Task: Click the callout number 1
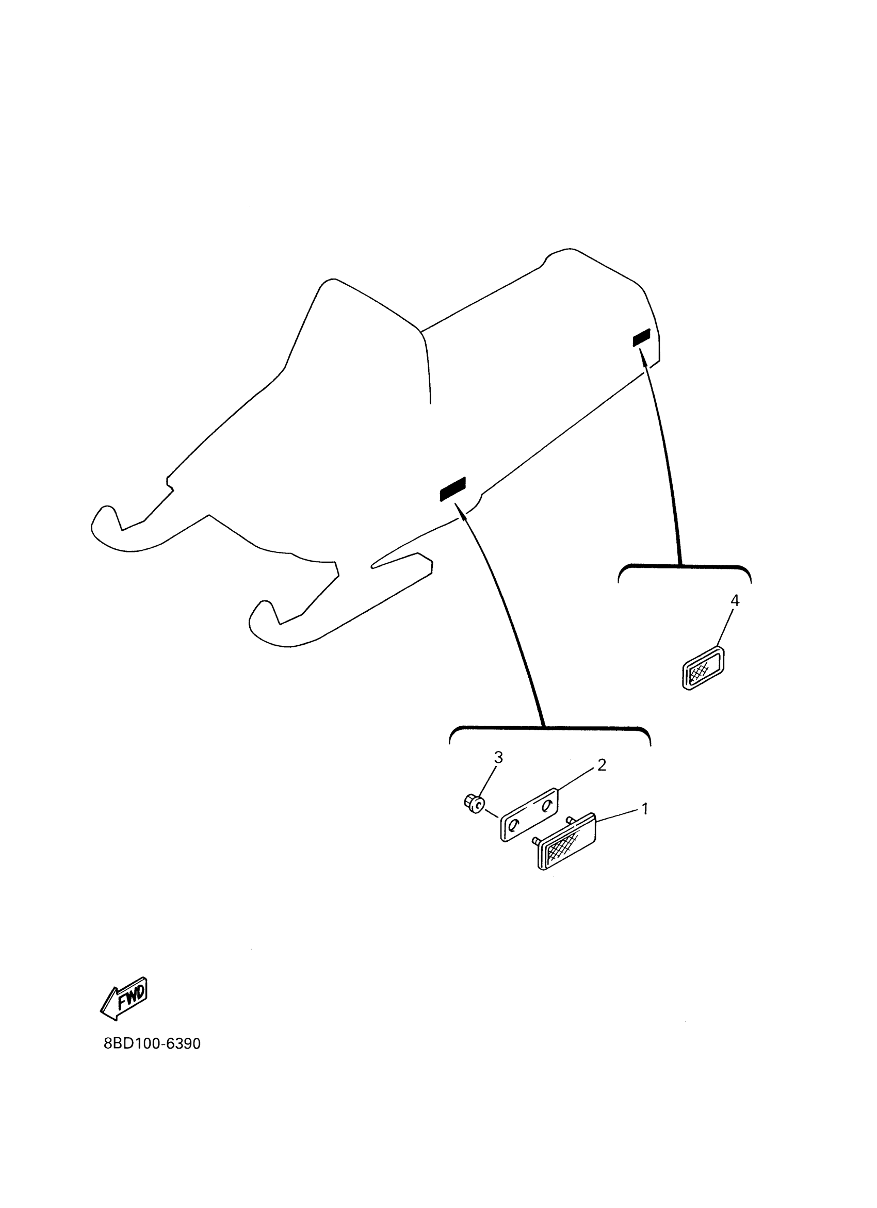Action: pos(645,809)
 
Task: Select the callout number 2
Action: pos(602,765)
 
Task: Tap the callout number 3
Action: pos(498,757)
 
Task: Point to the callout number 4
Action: pos(735,600)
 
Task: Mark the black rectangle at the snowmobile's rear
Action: pos(641,338)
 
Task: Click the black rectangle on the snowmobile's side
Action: pos(452,488)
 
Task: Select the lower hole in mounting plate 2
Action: pos(513,825)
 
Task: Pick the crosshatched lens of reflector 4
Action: pos(701,670)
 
